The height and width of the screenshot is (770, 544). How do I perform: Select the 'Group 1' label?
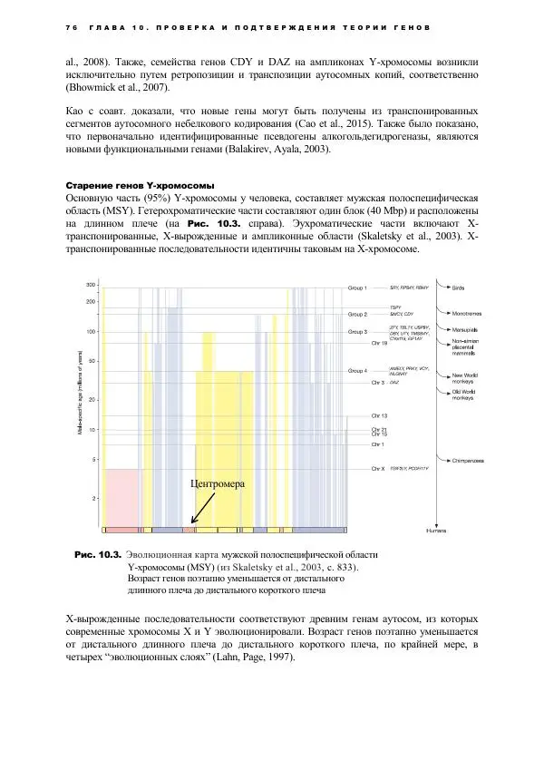click(x=359, y=288)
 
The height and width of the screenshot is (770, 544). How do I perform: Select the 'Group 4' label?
click(x=359, y=371)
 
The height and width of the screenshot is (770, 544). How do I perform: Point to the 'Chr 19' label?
click(x=379, y=344)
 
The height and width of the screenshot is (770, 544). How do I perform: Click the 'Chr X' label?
click(x=380, y=469)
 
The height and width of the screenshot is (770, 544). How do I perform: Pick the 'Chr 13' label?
click(x=379, y=415)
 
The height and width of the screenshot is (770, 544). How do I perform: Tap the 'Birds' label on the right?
click(x=461, y=288)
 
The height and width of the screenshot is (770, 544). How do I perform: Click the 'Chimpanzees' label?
click(x=468, y=461)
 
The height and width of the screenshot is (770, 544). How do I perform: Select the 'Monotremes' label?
click(x=469, y=314)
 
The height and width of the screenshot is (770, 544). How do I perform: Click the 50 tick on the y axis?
click(x=92, y=361)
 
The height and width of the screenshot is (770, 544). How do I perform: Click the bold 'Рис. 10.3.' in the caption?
click(x=97, y=553)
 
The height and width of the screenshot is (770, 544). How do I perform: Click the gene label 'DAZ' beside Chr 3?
click(x=393, y=384)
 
